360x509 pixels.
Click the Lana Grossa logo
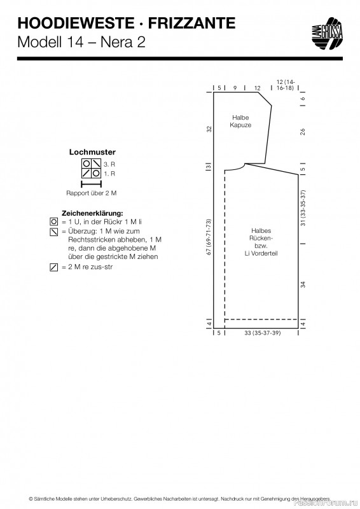point(327,34)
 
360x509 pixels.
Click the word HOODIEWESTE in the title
point(76,24)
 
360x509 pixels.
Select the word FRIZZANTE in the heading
point(192,24)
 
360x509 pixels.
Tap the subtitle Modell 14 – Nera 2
point(81,42)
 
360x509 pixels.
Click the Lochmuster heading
point(92,152)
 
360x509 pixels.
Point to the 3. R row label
point(109,164)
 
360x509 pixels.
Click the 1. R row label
point(109,174)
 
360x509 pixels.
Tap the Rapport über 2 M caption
point(91,193)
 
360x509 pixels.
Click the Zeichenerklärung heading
point(92,213)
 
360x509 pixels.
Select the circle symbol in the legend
point(54,222)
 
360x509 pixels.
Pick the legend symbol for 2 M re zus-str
point(54,267)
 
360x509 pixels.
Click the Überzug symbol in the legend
point(54,232)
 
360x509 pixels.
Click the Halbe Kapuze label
point(240,121)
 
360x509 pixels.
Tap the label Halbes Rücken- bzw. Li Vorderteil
point(261,242)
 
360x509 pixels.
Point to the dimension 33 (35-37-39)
point(262,333)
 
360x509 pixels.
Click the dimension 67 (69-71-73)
point(209,237)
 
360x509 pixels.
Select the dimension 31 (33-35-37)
point(303,208)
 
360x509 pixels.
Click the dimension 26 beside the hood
point(303,132)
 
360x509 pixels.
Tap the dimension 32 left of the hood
point(209,129)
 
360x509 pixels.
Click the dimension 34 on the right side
point(303,284)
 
